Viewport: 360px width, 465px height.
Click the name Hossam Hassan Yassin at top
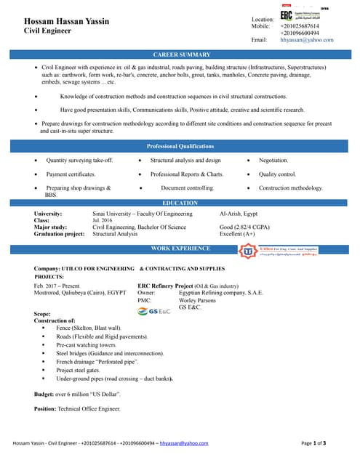[66, 22]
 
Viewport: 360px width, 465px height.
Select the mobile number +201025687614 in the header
[300, 25]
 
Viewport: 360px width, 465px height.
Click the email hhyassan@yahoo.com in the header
[306, 40]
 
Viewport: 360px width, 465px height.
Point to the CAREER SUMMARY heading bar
[180, 54]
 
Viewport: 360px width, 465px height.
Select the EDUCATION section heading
[180, 203]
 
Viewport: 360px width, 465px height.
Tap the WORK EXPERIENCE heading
[180, 248]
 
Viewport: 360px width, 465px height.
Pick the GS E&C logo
[154, 311]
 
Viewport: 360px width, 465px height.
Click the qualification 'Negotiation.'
[273, 160]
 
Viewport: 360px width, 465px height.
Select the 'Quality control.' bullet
[277, 174]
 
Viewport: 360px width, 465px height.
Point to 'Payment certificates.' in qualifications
[71, 174]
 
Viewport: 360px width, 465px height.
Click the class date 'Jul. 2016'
[103, 220]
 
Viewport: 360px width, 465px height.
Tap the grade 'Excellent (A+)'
[237, 235]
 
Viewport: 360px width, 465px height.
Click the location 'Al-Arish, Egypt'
[239, 214]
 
